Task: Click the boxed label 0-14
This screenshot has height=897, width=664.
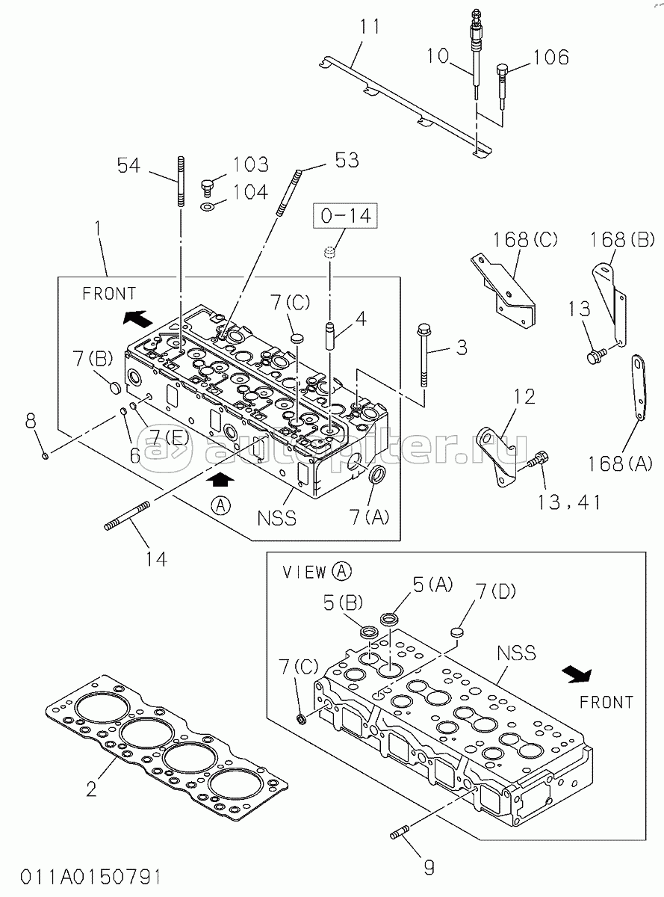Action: (345, 216)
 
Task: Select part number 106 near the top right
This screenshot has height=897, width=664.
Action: (551, 57)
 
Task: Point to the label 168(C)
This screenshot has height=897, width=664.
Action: (525, 240)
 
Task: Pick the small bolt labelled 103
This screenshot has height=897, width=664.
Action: (209, 183)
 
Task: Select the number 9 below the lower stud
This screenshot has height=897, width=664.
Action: (429, 867)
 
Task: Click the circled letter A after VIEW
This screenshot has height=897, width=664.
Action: (341, 572)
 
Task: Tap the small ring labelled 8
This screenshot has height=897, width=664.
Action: (46, 455)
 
